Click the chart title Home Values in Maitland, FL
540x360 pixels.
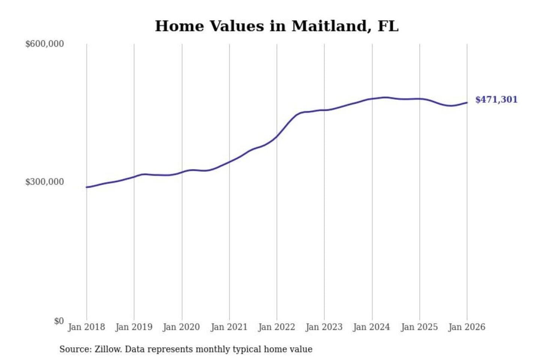276,26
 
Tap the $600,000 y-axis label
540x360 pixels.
45,44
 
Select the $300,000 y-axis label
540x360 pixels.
45,182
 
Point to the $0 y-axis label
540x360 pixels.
59,321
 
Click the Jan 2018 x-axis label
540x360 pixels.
86,327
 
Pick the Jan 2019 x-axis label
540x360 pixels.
134,327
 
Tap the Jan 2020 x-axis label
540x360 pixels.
181,327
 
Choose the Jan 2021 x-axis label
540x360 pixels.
229,327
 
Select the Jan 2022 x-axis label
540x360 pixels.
277,327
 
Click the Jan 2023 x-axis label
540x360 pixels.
324,327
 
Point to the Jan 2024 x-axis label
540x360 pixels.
372,327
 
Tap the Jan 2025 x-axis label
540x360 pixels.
419,327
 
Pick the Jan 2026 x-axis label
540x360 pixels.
467,327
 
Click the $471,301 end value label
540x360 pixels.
496,100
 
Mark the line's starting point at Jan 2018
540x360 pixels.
87,187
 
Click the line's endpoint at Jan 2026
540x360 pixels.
467,102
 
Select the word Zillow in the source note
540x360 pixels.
108,349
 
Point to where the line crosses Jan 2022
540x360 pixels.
277,136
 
